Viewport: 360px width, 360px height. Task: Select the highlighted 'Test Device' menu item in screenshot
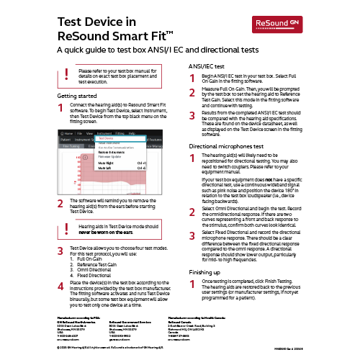point(109,138)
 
